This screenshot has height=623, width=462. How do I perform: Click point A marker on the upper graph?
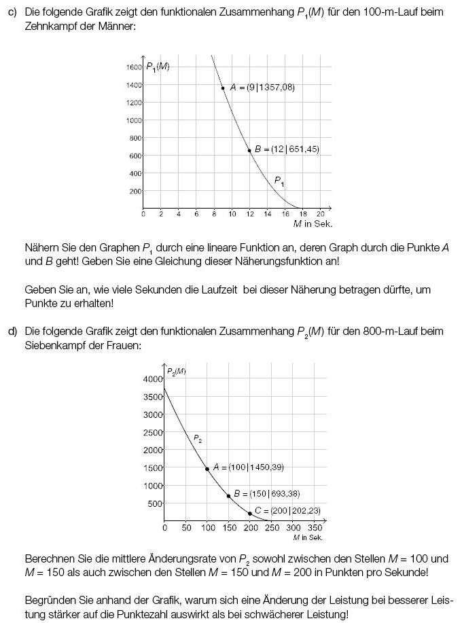(223, 88)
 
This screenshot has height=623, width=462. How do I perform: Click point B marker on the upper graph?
(249, 150)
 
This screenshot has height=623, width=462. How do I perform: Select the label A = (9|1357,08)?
(262, 88)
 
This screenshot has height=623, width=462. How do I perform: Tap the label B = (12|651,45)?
(287, 149)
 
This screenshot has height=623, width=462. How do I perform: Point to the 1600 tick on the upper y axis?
(133, 67)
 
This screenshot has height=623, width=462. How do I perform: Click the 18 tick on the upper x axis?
(303, 214)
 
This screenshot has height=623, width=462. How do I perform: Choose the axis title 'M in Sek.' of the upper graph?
(313, 224)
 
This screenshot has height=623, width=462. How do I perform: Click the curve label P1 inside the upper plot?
(279, 181)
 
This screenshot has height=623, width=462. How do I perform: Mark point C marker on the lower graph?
(250, 514)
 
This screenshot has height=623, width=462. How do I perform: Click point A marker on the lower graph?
(207, 469)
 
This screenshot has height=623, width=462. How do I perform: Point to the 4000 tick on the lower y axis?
(153, 379)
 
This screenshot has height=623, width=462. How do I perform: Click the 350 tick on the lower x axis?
(315, 528)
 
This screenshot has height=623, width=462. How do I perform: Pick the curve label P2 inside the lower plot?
(197, 439)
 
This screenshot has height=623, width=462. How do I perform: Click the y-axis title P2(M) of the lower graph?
(177, 371)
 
